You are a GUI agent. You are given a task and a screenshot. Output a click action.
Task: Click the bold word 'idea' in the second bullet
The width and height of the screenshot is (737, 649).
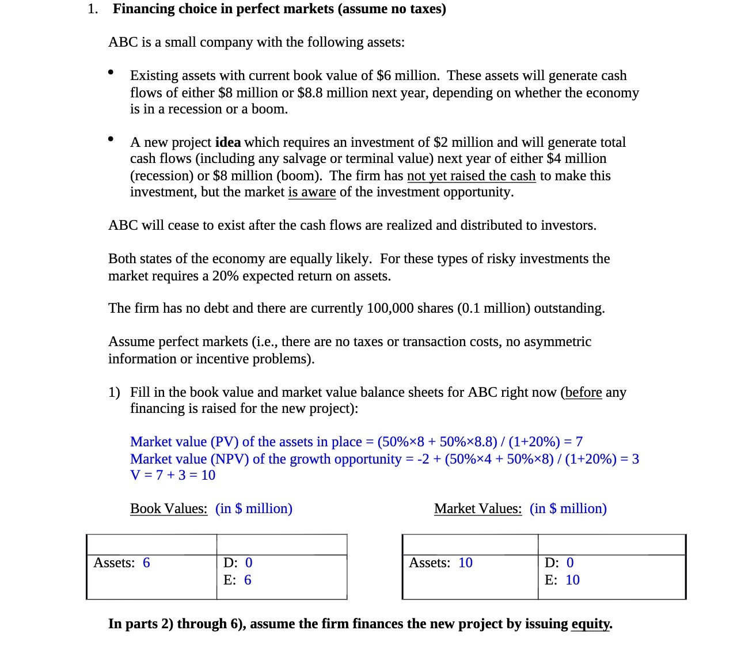pos(227,142)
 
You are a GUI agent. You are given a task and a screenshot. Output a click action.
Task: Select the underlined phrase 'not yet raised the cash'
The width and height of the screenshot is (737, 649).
pos(471,176)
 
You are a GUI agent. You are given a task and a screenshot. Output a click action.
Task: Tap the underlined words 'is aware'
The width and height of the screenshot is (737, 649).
pos(311,192)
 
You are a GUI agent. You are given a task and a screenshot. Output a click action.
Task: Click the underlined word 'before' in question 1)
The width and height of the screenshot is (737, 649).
pos(583,392)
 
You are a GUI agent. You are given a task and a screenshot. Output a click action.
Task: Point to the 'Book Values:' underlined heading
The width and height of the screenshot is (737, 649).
pos(169,508)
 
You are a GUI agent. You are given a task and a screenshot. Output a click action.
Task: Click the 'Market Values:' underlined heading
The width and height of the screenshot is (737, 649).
pos(477,508)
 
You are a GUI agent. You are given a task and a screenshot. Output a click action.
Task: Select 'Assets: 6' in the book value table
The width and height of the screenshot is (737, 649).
pos(121,563)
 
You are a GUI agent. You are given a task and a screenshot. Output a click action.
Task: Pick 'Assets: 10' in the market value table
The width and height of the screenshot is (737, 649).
pos(440,563)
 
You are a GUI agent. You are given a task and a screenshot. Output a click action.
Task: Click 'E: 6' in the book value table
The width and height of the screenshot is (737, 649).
pos(237,580)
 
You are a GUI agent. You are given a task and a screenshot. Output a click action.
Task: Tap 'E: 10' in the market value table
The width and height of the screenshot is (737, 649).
pos(562,580)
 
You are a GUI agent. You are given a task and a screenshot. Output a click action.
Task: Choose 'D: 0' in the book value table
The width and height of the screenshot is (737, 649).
pos(238,563)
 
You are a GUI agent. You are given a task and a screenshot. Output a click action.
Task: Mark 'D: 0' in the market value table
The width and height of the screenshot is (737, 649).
pos(559,563)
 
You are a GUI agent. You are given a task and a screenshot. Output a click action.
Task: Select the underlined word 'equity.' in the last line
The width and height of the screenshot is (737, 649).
pos(591,624)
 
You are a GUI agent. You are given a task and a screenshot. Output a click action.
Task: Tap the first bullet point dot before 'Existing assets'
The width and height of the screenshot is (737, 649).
pos(111,73)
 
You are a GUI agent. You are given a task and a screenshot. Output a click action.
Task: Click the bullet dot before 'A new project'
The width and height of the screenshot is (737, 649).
pos(111,139)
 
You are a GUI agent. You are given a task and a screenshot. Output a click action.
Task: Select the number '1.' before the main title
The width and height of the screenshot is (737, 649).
pos(93,9)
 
